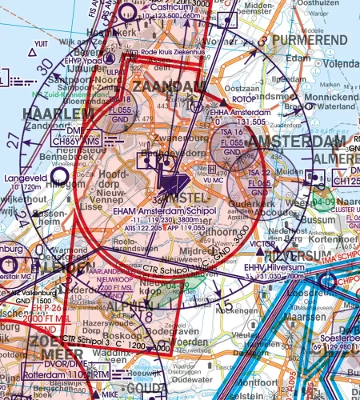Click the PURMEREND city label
[310, 39]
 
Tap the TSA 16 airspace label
[232, 132]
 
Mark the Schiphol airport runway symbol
[172, 184]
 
